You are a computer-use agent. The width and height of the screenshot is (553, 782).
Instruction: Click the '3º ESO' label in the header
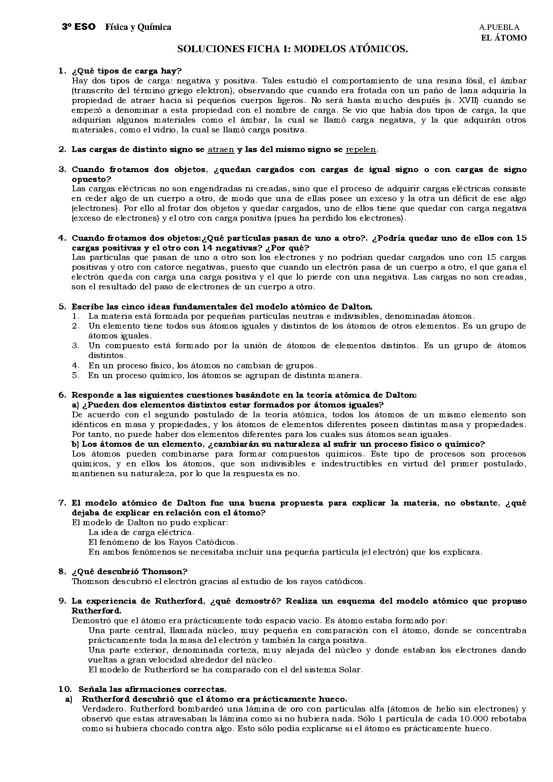click(78, 27)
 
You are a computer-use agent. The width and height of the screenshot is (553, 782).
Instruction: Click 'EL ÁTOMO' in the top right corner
click(504, 38)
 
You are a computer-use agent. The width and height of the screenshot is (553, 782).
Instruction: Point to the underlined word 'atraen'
click(221, 150)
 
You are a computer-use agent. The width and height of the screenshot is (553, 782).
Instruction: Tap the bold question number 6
click(62, 395)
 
